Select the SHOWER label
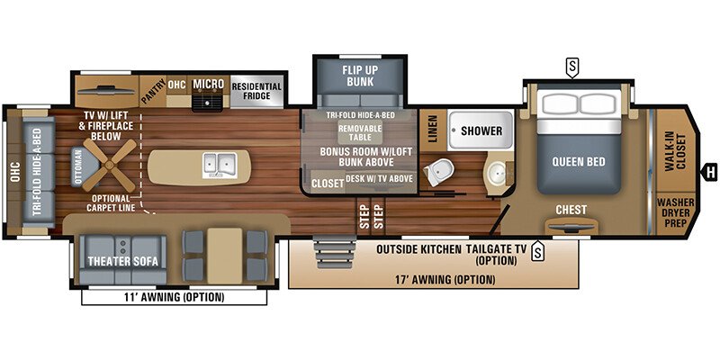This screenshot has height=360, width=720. click(481, 130)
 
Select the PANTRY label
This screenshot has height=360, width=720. click(152, 90)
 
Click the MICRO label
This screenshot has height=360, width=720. click(208, 85)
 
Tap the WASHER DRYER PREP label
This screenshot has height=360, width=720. click(675, 214)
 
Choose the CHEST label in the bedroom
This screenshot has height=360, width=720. click(571, 210)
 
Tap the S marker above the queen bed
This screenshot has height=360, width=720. click(571, 65)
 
